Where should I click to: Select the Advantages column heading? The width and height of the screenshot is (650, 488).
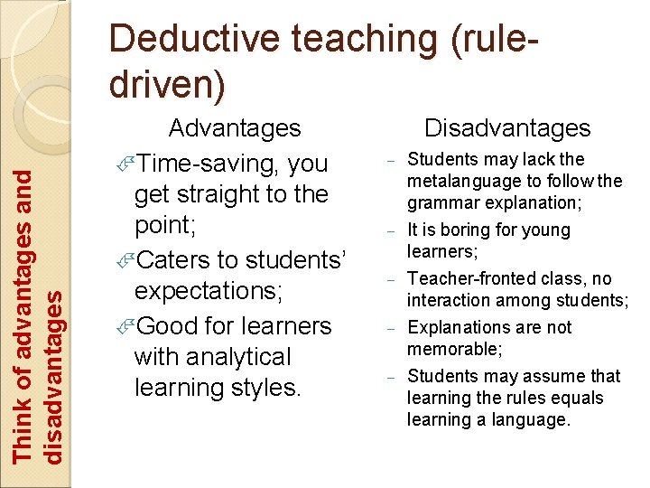click(235, 128)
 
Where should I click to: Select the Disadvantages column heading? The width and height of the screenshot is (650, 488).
click(507, 128)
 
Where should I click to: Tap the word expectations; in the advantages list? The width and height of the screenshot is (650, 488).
click(208, 292)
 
